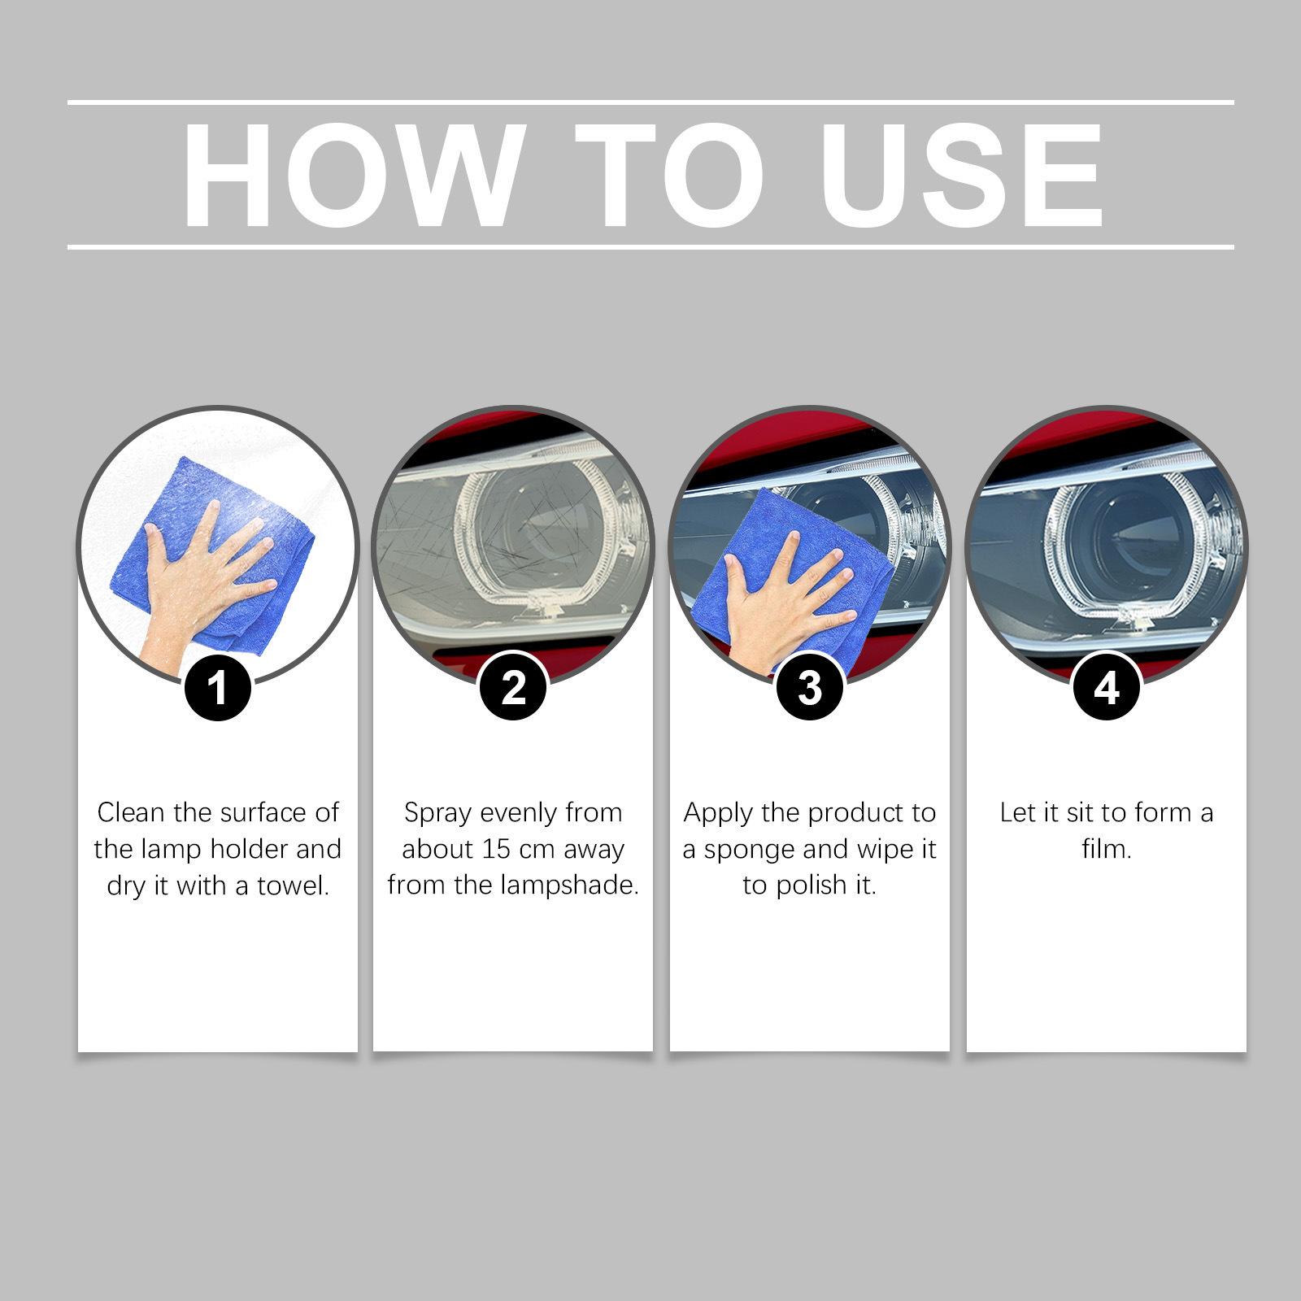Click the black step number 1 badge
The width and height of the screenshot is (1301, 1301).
pyautogui.click(x=217, y=688)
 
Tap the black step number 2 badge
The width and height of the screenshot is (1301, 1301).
pyautogui.click(x=514, y=688)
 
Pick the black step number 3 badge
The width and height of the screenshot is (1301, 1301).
pyautogui.click(x=810, y=688)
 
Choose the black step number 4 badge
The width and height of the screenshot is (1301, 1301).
pyautogui.click(x=1107, y=688)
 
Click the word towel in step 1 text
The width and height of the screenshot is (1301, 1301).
pyautogui.click(x=294, y=885)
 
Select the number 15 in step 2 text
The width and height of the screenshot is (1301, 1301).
pyautogui.click(x=495, y=850)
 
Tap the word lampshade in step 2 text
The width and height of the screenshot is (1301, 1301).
pyautogui.click(x=569, y=885)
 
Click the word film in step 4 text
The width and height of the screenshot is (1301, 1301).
pyautogui.click(x=1107, y=850)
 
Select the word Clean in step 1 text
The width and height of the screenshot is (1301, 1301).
pyautogui.click(x=132, y=812)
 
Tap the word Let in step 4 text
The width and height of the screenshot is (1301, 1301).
pyautogui.click(x=1017, y=812)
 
